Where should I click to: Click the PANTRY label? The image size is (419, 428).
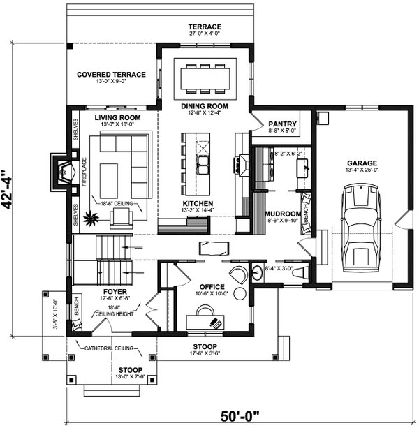[x=282, y=123]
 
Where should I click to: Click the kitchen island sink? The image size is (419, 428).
[x=203, y=165]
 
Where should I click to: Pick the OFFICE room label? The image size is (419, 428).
[x=211, y=287]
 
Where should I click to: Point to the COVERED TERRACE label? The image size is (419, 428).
[x=111, y=75]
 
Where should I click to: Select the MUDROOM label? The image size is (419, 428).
[x=282, y=213]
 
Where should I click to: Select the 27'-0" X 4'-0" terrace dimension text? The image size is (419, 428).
[x=204, y=33]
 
